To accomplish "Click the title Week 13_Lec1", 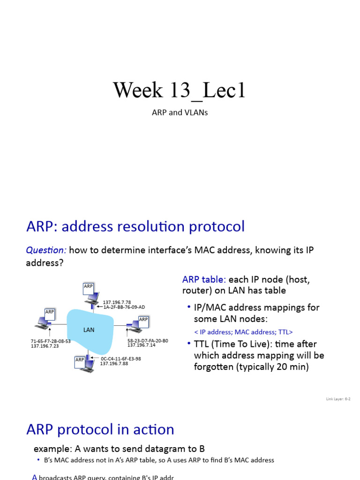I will [180, 90].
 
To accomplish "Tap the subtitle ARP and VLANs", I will [180, 113].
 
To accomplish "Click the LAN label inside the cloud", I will [89, 330].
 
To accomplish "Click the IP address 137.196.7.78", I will [117, 302].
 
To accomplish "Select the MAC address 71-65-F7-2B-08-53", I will [51, 341].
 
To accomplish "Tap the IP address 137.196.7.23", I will [45, 346].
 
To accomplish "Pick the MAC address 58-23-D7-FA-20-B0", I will [148, 341].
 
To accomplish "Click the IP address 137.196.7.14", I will [141, 345].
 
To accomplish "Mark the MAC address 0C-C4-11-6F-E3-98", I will [120, 359].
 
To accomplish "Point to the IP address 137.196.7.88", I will [114, 363].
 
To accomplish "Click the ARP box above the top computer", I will [89, 286].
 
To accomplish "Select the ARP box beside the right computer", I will [143, 319].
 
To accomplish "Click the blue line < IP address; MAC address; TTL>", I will [243, 332].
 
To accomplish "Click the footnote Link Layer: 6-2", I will [338, 399].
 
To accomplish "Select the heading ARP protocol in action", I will [100, 429].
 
